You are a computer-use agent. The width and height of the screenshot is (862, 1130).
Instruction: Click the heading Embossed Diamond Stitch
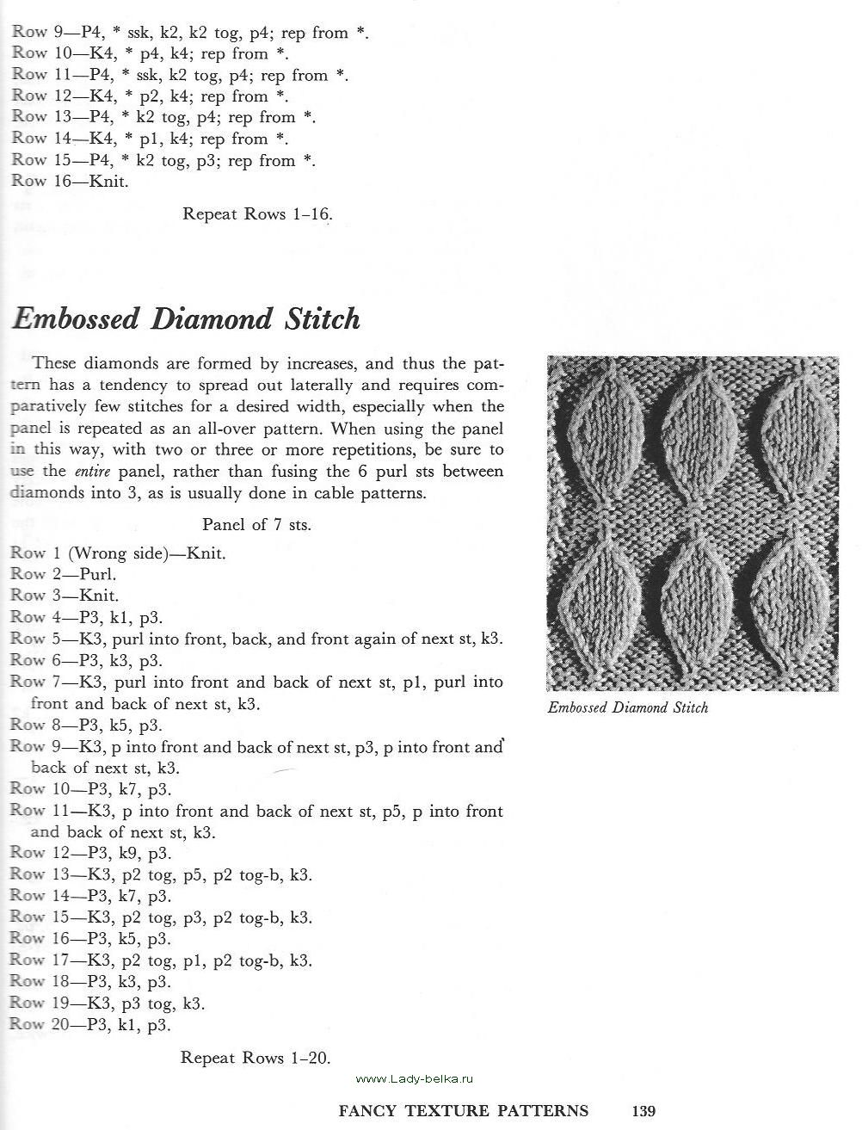[x=186, y=319]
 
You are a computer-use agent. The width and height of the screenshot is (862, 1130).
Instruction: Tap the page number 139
[x=643, y=1110]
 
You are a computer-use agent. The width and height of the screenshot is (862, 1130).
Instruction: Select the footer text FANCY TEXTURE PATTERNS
[x=464, y=1110]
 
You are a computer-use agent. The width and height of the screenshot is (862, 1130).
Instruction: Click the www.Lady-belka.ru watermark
[x=415, y=1078]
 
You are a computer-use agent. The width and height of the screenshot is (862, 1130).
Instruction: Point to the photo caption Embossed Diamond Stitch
[x=628, y=707]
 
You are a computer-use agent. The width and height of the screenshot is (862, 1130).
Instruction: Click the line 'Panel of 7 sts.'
[x=256, y=524]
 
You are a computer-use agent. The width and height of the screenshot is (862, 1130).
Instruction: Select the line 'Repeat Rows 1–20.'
[x=256, y=1058]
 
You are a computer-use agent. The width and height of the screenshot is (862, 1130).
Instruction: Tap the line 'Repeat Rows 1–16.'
[x=257, y=213]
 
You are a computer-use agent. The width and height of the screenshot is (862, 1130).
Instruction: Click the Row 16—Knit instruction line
[x=70, y=181]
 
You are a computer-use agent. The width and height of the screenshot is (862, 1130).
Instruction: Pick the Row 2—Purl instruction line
[x=63, y=574]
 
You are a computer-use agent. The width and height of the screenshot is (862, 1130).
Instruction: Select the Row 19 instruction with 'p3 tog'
[x=108, y=1003]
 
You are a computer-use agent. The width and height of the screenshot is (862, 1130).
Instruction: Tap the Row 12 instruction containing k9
[x=90, y=854]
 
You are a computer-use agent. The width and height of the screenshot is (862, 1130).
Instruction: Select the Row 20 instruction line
[x=90, y=1025]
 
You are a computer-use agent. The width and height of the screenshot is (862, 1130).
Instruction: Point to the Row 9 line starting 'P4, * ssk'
[x=190, y=34]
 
